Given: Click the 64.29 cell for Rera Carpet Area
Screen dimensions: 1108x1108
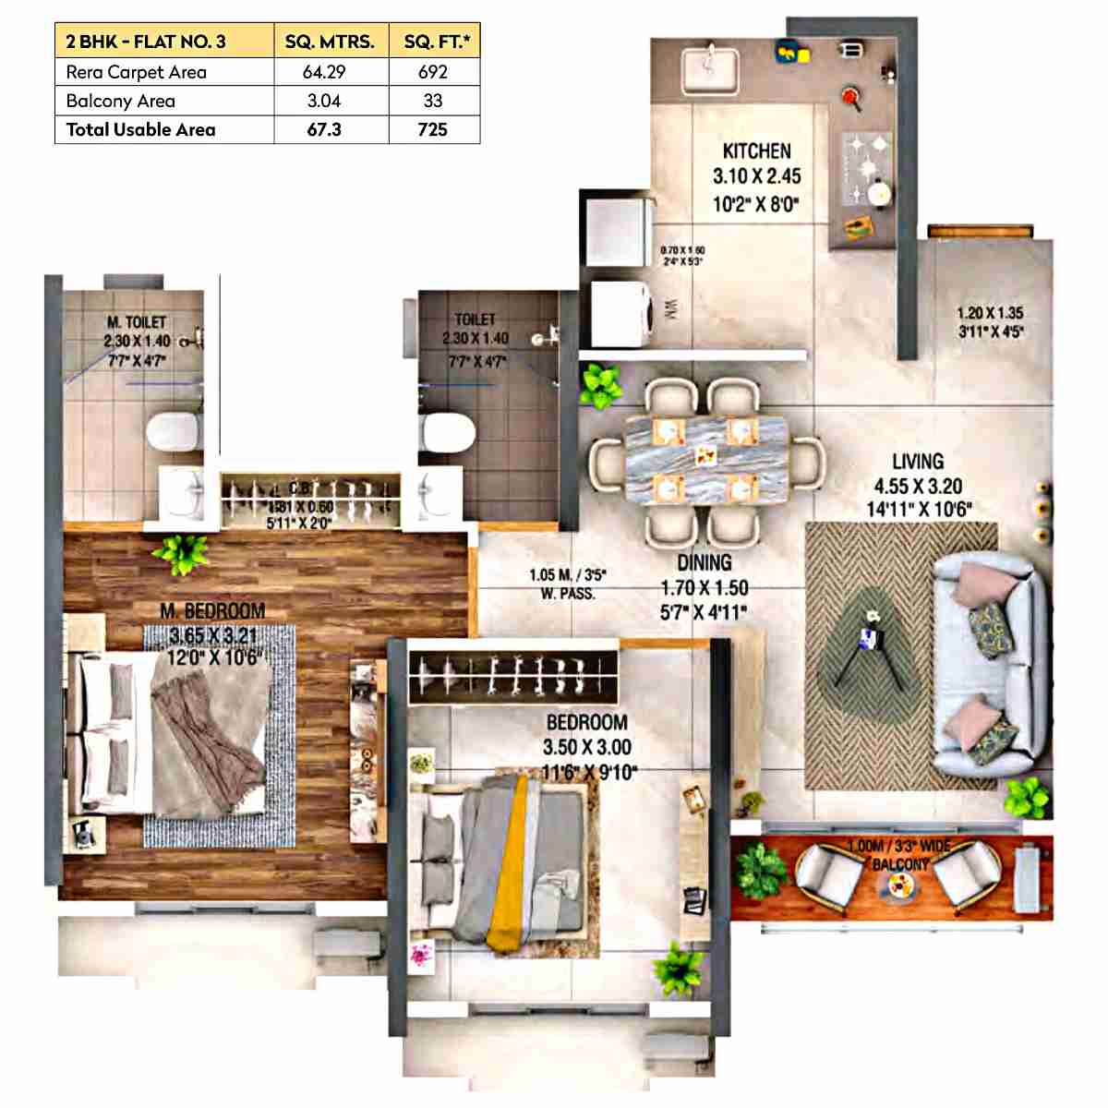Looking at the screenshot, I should (x=324, y=72).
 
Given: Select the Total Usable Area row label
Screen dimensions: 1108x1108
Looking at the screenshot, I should (x=140, y=129).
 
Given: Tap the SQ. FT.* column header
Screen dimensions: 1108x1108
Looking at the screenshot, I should (x=432, y=42).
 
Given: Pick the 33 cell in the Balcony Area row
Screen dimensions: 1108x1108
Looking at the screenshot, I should (x=432, y=101).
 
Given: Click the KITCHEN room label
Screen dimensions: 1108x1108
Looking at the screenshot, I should (x=756, y=151).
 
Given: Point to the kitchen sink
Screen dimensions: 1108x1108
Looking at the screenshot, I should (x=709, y=67).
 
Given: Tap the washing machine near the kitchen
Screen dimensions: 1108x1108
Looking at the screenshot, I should (x=620, y=313).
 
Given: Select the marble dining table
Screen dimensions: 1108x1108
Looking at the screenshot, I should (x=706, y=459).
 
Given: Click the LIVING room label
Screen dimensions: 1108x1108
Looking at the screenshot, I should (x=918, y=461).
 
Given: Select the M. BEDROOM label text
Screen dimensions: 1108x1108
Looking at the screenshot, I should (x=212, y=610).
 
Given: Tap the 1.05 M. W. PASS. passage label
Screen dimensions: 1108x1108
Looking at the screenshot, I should (x=567, y=584).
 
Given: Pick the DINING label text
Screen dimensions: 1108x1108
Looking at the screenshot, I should (x=705, y=562).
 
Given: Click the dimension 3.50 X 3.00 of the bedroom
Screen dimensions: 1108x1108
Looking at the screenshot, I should (x=587, y=747).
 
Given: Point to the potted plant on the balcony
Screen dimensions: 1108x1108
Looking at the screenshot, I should (x=760, y=870).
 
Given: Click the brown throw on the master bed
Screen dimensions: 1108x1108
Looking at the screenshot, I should (x=208, y=729).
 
